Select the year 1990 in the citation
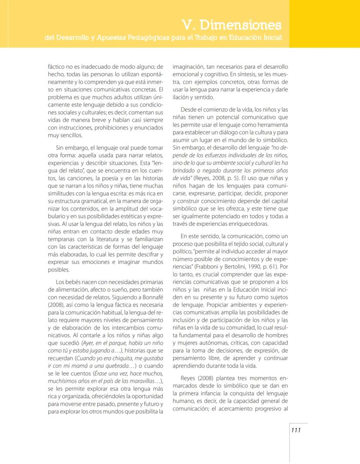[x=260, y=266]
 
